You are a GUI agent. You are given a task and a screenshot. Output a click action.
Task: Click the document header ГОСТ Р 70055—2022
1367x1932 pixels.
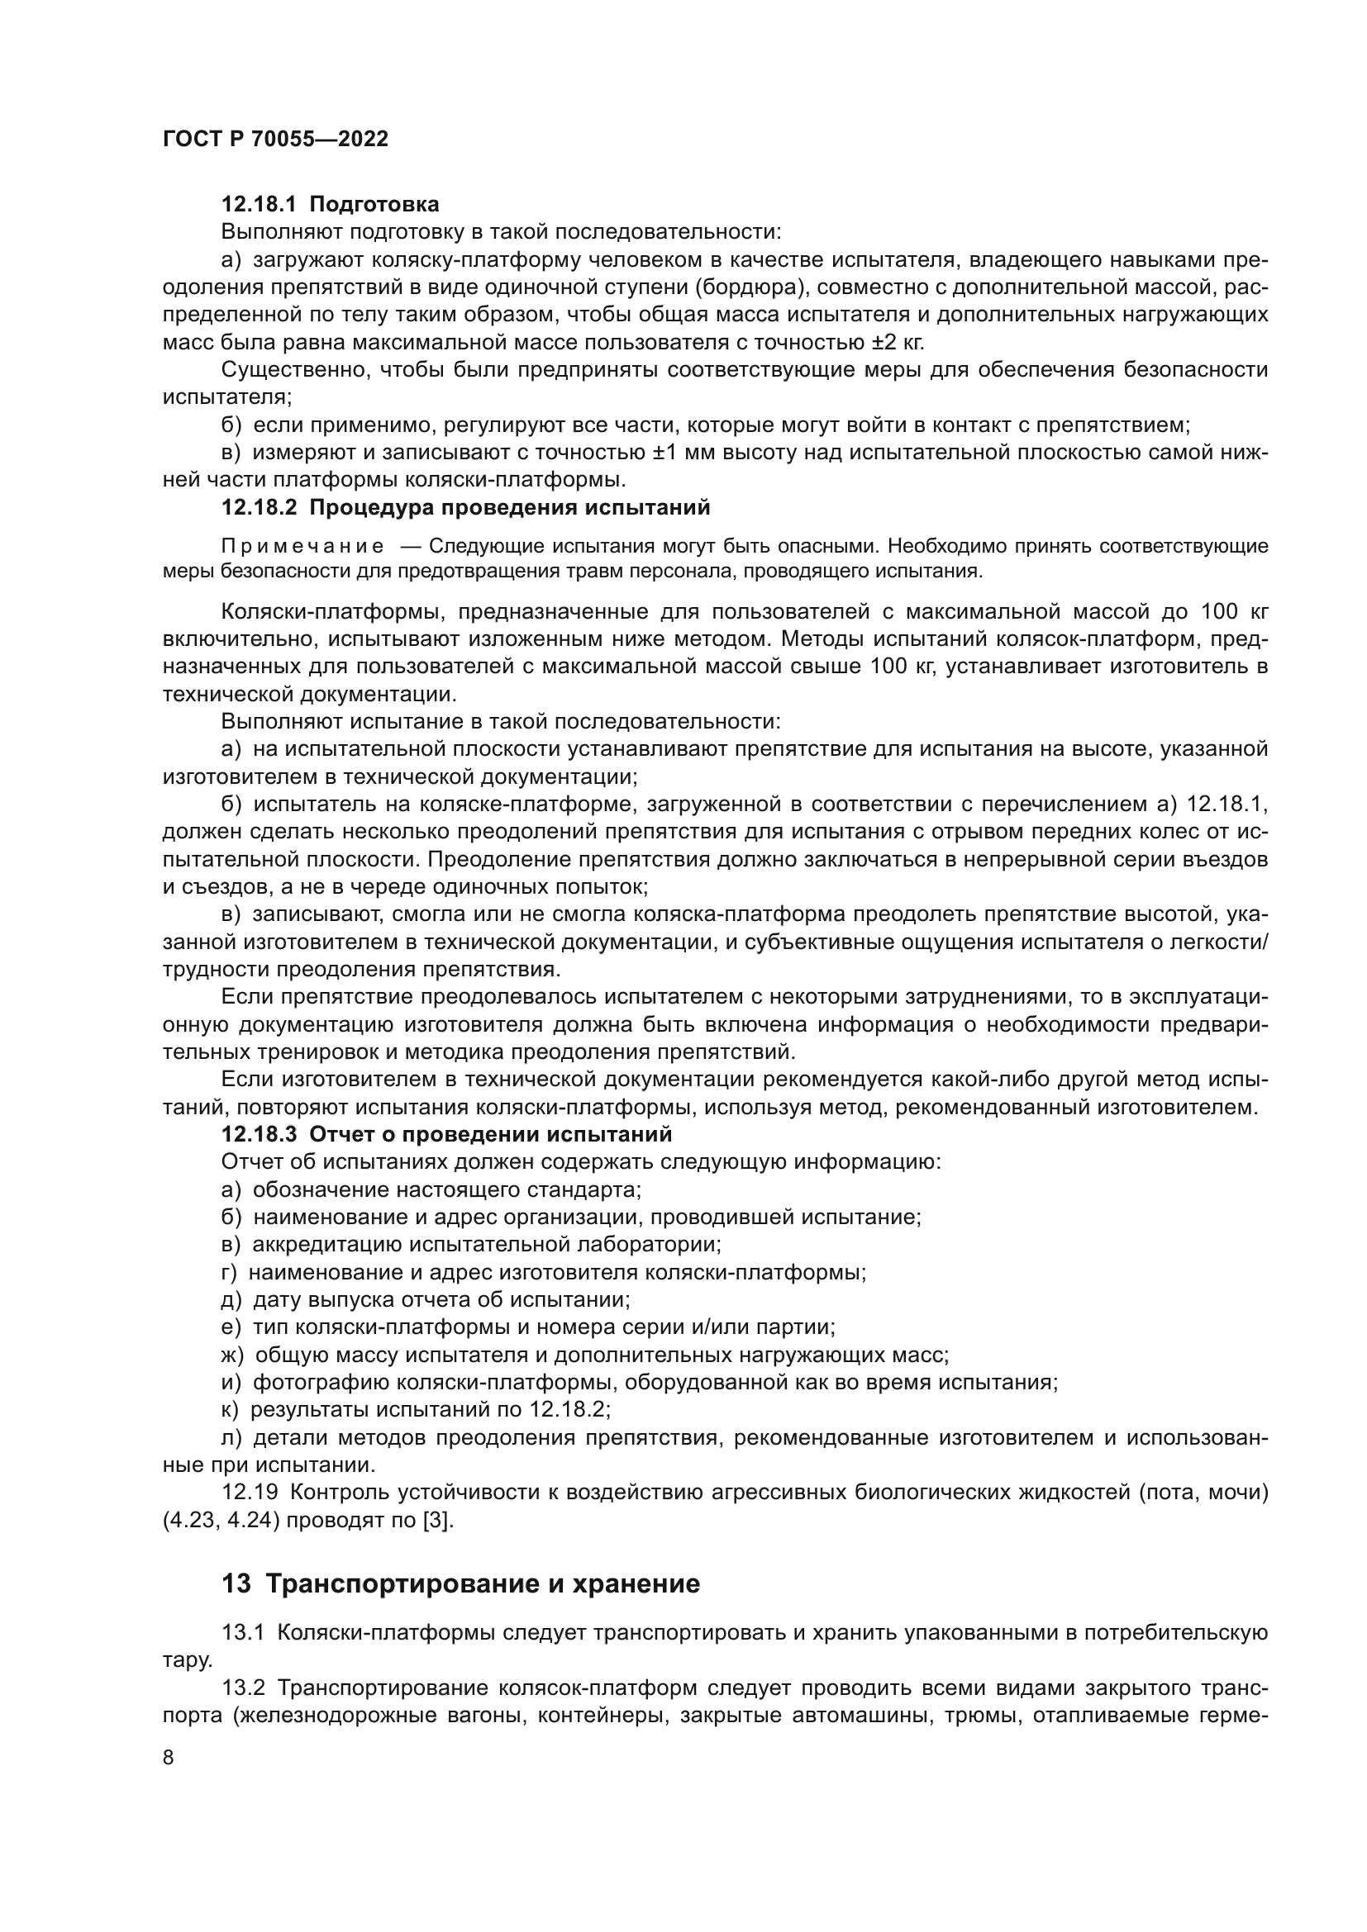coord(275,140)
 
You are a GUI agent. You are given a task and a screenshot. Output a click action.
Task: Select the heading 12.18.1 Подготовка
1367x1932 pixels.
coord(330,205)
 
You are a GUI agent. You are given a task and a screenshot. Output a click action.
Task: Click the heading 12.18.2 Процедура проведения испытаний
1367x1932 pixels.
coord(465,507)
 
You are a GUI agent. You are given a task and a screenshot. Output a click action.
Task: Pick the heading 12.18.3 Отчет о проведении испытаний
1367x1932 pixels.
coord(446,1134)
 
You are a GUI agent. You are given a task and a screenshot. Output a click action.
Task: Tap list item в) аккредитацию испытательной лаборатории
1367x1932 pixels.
coord(471,1244)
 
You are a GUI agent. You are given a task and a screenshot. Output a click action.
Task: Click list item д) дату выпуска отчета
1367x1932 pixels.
coord(426,1299)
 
